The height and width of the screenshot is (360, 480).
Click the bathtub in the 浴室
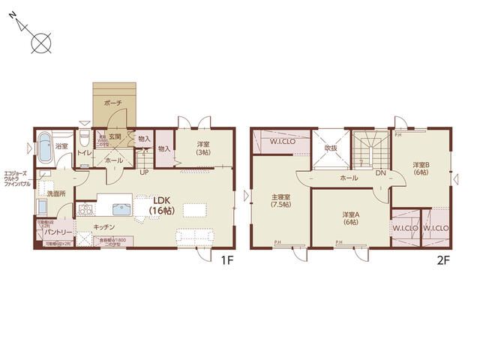43,146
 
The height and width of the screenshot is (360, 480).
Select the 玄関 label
114,137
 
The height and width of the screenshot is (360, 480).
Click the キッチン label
104,226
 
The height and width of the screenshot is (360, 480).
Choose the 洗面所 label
55,193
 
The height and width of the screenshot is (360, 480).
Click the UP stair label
144,171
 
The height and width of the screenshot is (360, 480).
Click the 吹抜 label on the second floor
331,148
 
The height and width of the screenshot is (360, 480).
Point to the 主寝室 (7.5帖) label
281,202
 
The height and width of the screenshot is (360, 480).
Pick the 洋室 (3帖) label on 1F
203,148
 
